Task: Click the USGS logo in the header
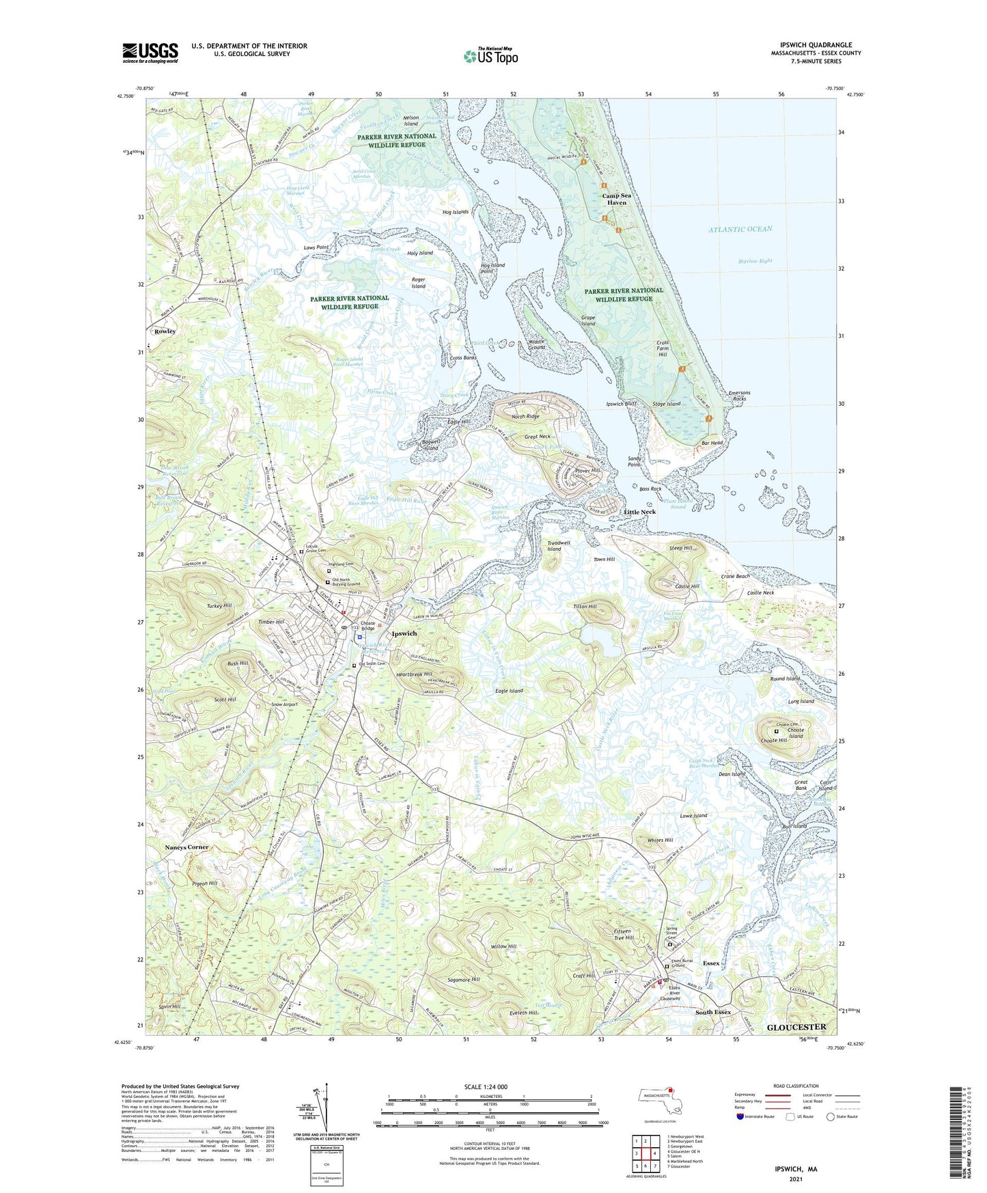[x=150, y=53]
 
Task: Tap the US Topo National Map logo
[x=490, y=55]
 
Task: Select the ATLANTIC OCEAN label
[x=740, y=230]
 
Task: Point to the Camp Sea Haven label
[x=616, y=199]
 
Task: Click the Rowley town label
[x=165, y=331]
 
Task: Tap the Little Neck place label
[x=639, y=512]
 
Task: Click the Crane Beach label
[x=735, y=576]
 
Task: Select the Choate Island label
[x=795, y=732]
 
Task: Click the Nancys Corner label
[x=186, y=847]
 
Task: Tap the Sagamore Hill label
[x=464, y=979]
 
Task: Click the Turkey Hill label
[x=219, y=606]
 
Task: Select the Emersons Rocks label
[x=739, y=396]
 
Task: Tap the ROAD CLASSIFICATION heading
[x=796, y=1086]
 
